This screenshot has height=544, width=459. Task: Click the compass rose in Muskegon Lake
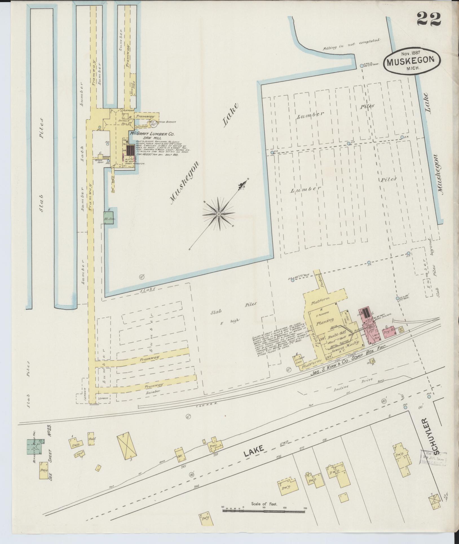click(219, 215)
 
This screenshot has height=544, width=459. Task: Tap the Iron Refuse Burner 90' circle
click(154, 123)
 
